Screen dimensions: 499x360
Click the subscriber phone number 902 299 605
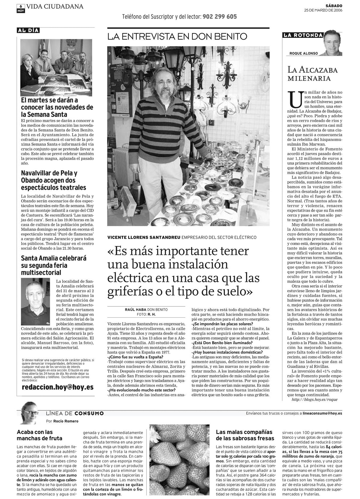click(220, 17)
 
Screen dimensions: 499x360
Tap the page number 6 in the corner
click(20, 6)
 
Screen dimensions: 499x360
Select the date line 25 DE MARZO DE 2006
click(323, 10)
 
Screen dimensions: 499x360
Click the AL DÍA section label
click(28, 30)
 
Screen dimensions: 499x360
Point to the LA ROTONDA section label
click(302, 35)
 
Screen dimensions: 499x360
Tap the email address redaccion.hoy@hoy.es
click(58, 387)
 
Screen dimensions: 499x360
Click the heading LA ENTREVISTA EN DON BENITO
click(177, 37)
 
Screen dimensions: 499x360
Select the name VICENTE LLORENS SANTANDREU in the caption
click(144, 238)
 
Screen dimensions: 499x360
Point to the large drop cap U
click(294, 100)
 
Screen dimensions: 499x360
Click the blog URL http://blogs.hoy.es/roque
click(315, 400)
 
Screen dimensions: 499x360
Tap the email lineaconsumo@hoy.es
click(322, 413)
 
